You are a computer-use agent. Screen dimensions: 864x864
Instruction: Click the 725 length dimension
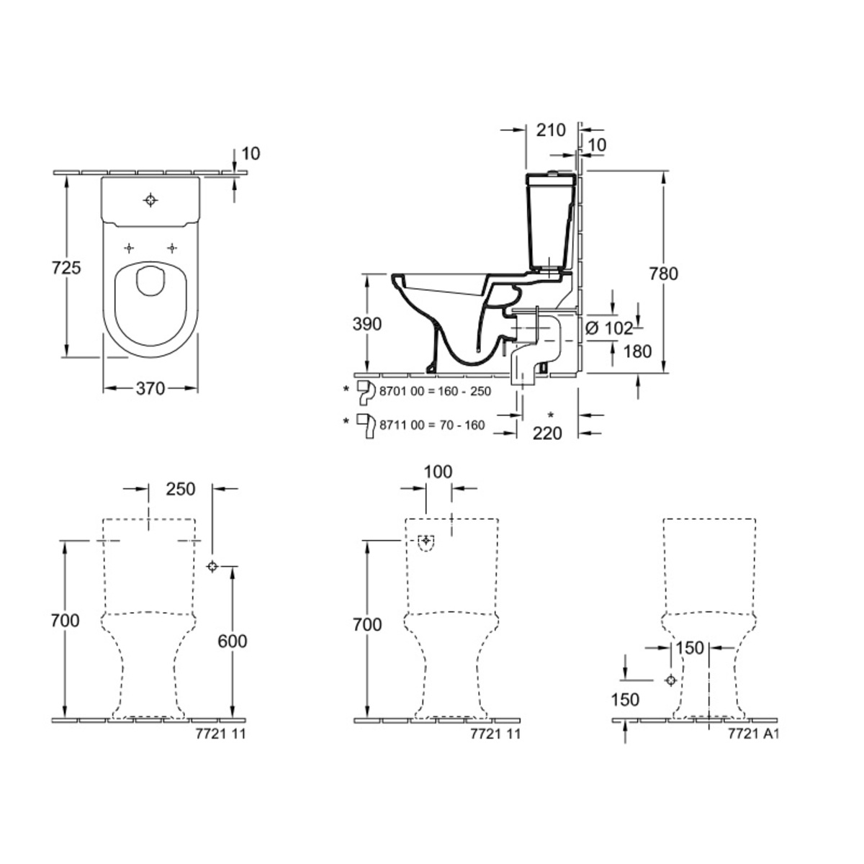pyautogui.click(x=66, y=268)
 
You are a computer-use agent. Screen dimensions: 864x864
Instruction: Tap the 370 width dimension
pyautogui.click(x=150, y=388)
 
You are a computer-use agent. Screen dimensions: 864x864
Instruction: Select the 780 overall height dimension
pyautogui.click(x=664, y=274)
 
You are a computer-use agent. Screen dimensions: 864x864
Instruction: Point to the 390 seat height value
pyautogui.click(x=366, y=324)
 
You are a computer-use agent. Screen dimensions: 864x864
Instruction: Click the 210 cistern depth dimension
pyautogui.click(x=551, y=130)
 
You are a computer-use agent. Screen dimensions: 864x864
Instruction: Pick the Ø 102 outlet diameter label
pyautogui.click(x=609, y=328)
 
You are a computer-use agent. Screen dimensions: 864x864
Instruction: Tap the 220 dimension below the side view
pyautogui.click(x=547, y=433)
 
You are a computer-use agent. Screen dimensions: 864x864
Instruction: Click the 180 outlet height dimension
pyautogui.click(x=637, y=352)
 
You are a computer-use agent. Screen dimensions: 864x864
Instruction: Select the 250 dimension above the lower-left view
pyautogui.click(x=181, y=489)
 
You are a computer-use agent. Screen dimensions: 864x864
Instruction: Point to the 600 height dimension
pyautogui.click(x=233, y=642)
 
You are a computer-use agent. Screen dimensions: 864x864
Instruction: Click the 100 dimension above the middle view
pyautogui.click(x=438, y=472)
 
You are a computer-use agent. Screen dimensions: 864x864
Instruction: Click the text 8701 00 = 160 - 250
pyautogui.click(x=436, y=392)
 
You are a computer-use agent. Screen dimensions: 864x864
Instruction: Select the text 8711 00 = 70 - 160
pyautogui.click(x=432, y=425)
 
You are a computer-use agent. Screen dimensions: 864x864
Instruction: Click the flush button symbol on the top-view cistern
pyautogui.click(x=150, y=200)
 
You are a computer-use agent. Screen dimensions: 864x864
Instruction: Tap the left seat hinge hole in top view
pyautogui.click(x=129, y=248)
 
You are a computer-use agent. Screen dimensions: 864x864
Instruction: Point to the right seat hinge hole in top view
pyautogui.click(x=172, y=248)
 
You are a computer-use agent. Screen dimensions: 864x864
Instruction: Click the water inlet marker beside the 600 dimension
pyautogui.click(x=212, y=567)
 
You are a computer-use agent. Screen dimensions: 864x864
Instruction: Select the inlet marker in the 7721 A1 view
pyautogui.click(x=671, y=680)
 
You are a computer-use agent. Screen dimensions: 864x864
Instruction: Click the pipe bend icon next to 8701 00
pyautogui.click(x=366, y=392)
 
